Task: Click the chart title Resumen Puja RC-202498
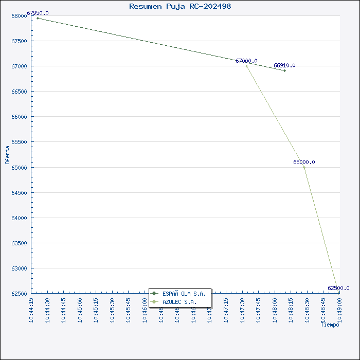point(180,6)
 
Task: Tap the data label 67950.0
point(38,13)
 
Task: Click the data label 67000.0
point(246,61)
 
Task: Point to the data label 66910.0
point(284,65)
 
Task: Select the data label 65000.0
point(304,162)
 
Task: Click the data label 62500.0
point(338,288)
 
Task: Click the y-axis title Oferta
point(7,154)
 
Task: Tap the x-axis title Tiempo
point(330,325)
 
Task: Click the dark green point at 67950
point(38,18)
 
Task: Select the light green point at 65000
point(304,167)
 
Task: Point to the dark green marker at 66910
point(284,70)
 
